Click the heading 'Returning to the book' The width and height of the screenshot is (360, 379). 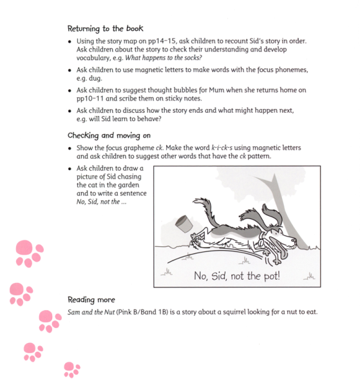point(105,28)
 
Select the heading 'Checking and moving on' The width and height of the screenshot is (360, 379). point(108,135)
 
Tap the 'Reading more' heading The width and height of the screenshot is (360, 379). point(91,300)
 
